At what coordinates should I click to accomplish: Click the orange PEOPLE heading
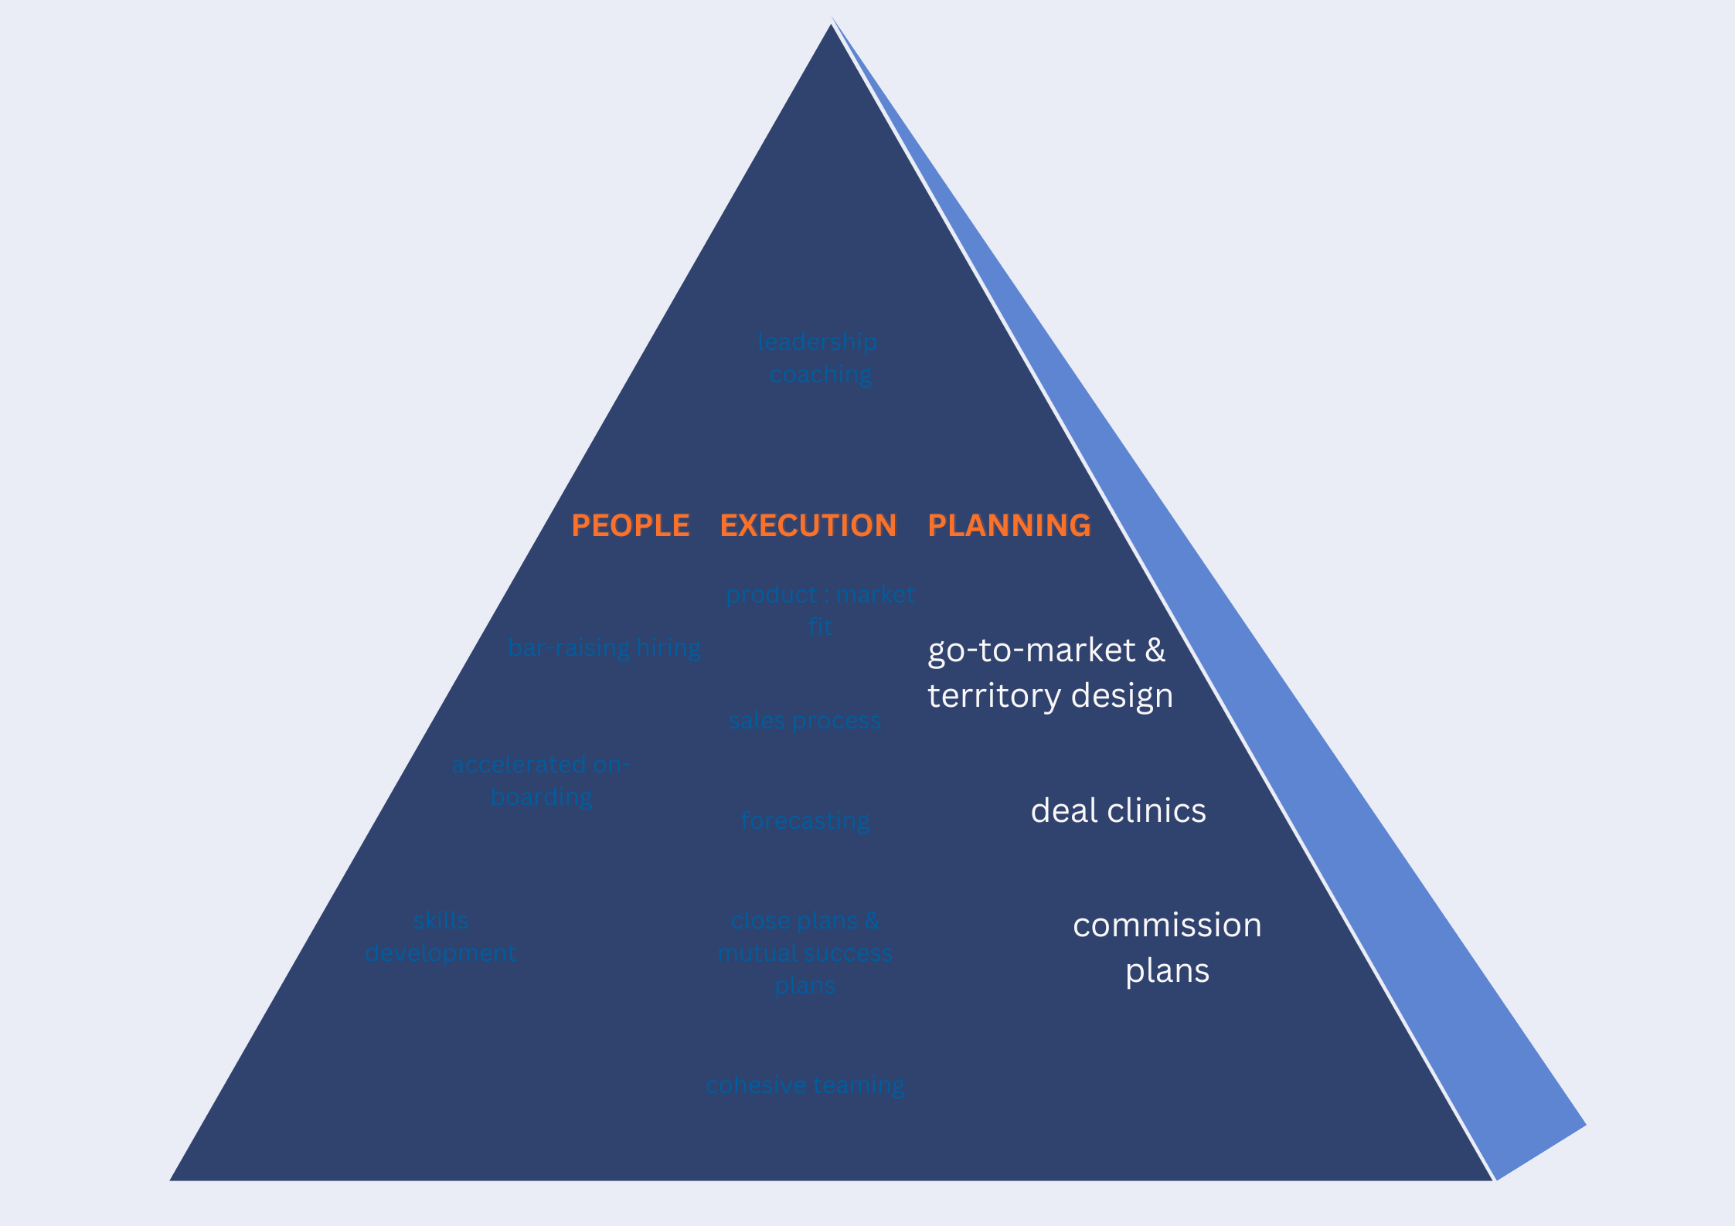[x=630, y=525]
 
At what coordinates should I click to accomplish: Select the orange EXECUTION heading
[x=808, y=525]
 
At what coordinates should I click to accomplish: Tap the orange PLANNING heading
[x=1009, y=525]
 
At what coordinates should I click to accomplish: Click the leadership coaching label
[x=818, y=358]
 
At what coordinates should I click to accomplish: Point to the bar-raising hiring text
[x=604, y=647]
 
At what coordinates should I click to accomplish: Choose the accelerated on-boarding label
[x=541, y=780]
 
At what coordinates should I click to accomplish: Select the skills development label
[x=441, y=936]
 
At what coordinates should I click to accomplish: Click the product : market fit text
[x=820, y=610]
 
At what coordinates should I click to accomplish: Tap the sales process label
[x=805, y=721]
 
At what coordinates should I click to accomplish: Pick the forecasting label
[x=805, y=820]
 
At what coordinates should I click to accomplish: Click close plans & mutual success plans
[x=805, y=953]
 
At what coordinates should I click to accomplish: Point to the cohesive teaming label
[x=805, y=1085]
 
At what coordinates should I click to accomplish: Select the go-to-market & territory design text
[x=1050, y=673]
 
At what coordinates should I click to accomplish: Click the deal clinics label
[x=1118, y=810]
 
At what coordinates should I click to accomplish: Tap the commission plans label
[x=1167, y=947]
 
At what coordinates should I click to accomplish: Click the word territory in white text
[x=994, y=696]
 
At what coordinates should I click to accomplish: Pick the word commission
[x=1167, y=925]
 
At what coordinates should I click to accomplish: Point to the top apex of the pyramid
[x=832, y=26]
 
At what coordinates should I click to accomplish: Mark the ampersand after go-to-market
[x=1155, y=650]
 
